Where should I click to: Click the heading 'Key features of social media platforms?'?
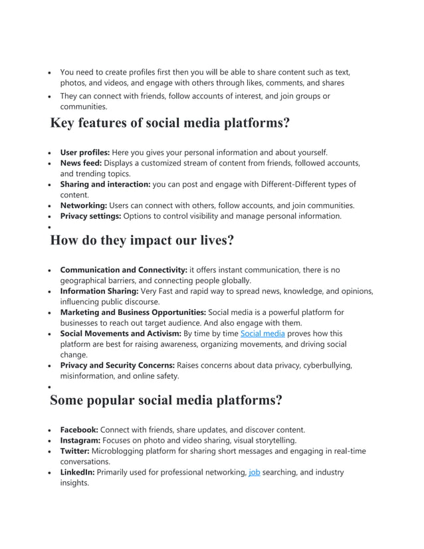pos(170,124)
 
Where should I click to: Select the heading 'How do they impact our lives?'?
pos(142,241)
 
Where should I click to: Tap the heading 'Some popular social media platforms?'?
pos(166,400)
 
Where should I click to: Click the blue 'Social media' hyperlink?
pos(261,334)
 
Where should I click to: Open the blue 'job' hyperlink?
pos(254,472)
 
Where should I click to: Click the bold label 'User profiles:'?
pos(85,152)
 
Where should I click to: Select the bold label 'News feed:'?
pos(80,163)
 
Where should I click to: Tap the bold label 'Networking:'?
pos(83,205)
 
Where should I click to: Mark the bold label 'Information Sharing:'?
pos(99,291)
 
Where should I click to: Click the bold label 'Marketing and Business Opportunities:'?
pos(133,312)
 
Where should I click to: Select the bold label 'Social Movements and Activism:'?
pos(120,334)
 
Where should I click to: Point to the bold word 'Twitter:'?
pos(74,451)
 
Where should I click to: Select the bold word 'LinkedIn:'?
pos(77,472)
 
